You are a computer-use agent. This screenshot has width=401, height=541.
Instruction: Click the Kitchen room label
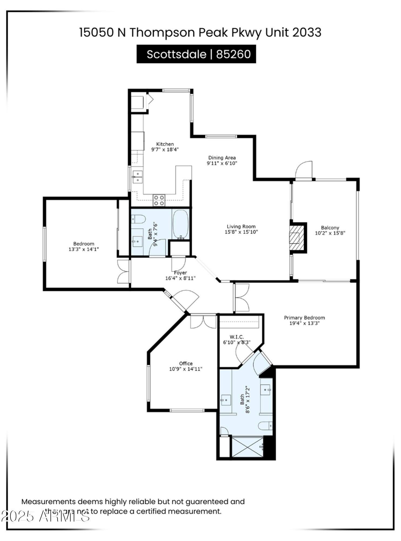tap(165, 144)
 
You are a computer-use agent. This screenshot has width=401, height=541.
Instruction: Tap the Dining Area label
tap(222, 158)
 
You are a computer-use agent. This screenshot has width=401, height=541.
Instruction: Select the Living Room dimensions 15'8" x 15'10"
tap(241, 232)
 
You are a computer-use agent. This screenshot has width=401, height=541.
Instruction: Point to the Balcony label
tap(330, 228)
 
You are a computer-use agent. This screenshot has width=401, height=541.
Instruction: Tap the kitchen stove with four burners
tap(159, 200)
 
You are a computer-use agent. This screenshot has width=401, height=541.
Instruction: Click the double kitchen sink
tap(138, 177)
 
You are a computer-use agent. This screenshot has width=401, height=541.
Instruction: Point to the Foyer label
tap(180, 273)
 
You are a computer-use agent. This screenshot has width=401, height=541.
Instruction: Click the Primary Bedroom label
tap(304, 318)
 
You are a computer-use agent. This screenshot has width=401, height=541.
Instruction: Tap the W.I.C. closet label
tap(237, 337)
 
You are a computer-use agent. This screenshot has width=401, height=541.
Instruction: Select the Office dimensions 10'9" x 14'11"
tap(186, 369)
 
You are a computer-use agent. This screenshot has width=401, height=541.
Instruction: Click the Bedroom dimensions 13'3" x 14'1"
tap(83, 249)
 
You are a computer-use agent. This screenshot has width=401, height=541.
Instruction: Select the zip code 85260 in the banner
tap(233, 54)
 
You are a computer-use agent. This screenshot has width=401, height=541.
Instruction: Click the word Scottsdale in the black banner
tap(176, 54)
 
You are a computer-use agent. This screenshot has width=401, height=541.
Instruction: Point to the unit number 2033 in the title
tap(307, 32)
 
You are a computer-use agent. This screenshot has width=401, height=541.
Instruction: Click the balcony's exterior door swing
tap(304, 170)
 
